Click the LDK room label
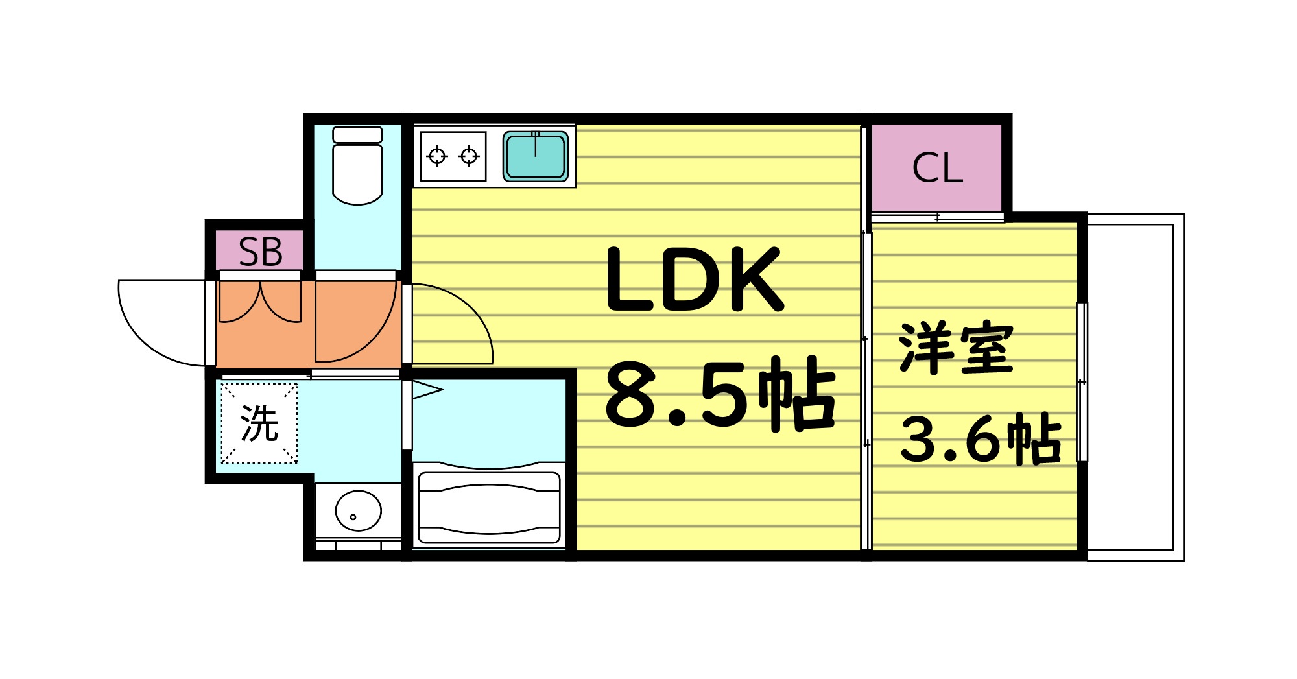[x=694, y=280]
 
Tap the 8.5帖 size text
[x=720, y=394]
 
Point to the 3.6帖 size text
[x=980, y=439]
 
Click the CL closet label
[x=937, y=168]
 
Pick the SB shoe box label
[x=260, y=252]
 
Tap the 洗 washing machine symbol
[x=259, y=423]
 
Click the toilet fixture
[x=357, y=172]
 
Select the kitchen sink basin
[x=536, y=156]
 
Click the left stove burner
[x=437, y=156]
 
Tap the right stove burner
[x=469, y=156]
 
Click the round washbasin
[x=358, y=510]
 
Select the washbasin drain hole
[x=353, y=517]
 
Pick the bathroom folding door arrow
[x=427, y=390]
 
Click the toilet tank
[x=357, y=134]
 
